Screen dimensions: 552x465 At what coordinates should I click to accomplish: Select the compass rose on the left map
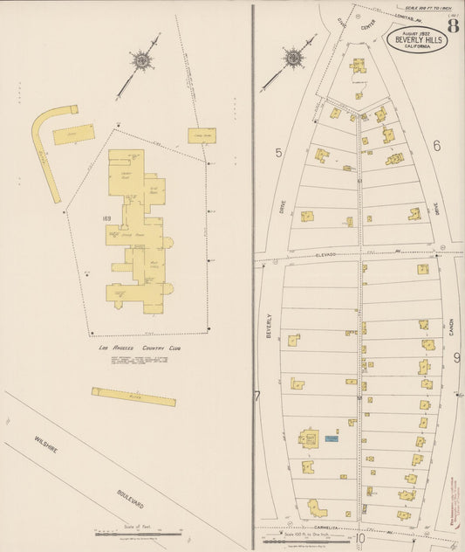click(141, 59)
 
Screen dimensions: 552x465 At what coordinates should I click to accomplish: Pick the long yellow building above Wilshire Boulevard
click(133, 397)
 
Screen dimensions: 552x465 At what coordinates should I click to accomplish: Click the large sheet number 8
click(455, 24)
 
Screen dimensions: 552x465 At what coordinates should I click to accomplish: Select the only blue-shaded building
click(331, 438)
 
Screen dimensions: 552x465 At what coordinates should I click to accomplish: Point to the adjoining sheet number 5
click(278, 153)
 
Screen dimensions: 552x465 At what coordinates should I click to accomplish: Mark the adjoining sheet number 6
click(436, 145)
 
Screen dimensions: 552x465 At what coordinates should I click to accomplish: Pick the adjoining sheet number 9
click(456, 357)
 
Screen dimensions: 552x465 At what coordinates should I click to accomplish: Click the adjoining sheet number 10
click(359, 538)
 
